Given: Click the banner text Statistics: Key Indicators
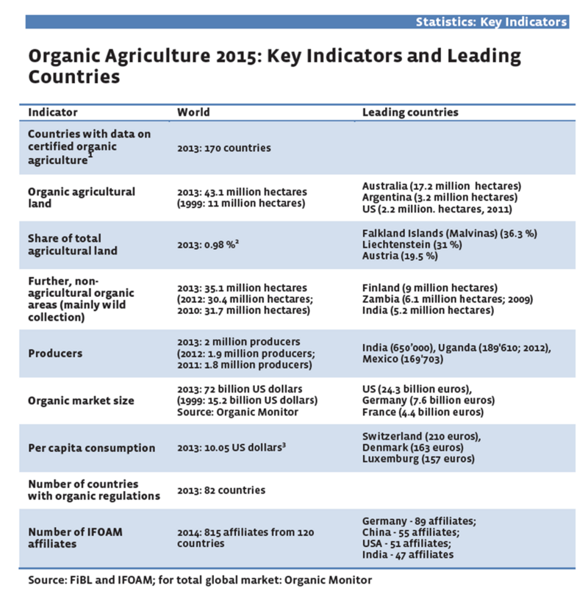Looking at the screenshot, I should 491,21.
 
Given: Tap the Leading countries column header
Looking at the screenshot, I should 410,112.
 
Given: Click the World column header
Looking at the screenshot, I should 193,112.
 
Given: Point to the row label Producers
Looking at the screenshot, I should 55,354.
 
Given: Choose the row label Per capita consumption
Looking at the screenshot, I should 91,448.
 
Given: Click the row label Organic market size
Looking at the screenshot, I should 81,401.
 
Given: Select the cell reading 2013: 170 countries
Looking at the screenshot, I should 223,148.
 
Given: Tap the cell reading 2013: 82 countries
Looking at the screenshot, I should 221,490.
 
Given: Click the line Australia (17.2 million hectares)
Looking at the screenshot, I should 441,185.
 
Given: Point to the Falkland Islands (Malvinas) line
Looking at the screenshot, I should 450,233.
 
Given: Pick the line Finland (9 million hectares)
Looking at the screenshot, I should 430,287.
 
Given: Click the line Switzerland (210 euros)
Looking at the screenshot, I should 422,436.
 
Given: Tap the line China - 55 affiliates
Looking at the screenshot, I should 411,531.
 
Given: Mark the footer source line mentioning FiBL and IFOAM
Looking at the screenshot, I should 200,580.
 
